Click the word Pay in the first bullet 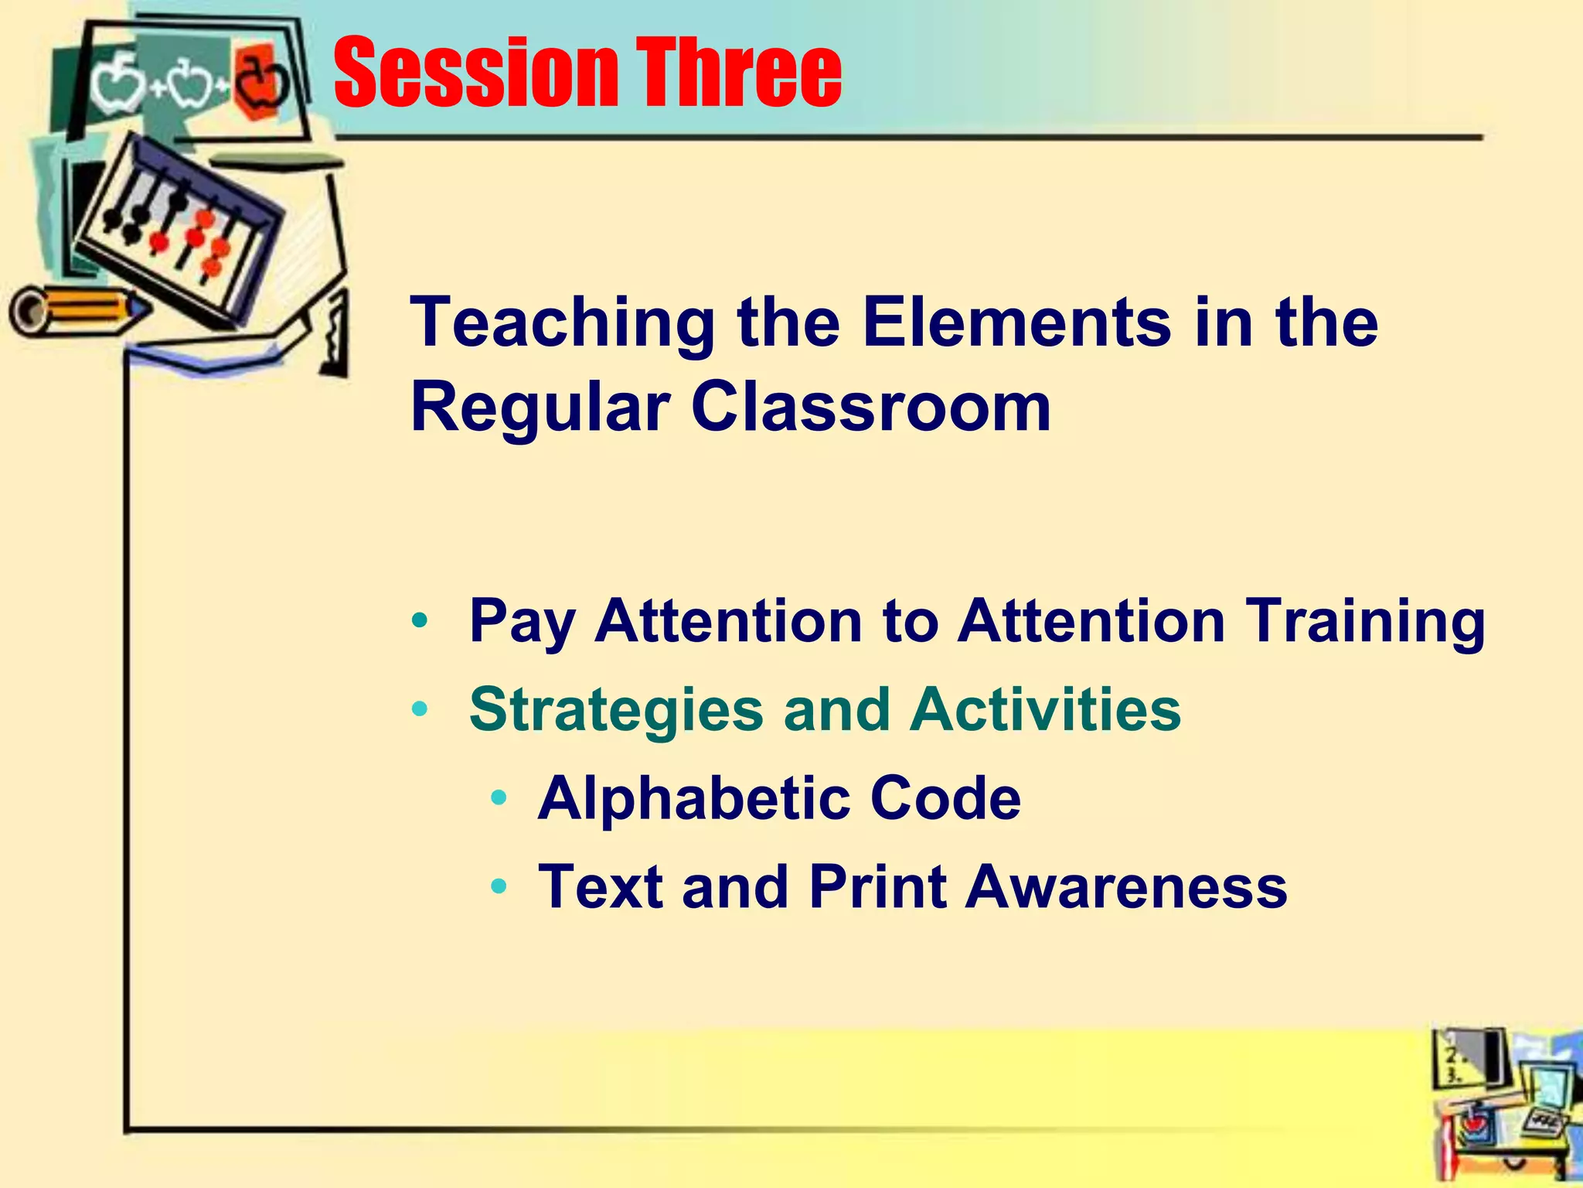click(x=522, y=623)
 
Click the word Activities click(x=1045, y=709)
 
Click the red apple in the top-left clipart click(x=259, y=81)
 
